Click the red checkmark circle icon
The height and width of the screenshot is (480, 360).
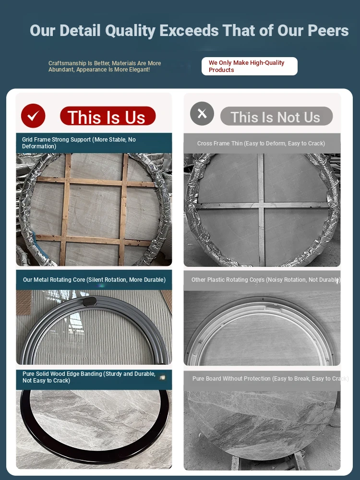pos(33,116)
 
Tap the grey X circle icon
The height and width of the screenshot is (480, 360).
pos(202,114)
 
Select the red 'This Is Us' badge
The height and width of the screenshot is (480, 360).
pos(108,116)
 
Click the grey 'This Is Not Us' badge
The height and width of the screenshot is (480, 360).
pos(276,116)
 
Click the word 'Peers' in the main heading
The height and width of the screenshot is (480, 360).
pos(328,30)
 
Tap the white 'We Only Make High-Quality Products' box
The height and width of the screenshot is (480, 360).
pos(250,66)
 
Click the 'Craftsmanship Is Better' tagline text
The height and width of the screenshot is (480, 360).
pos(105,66)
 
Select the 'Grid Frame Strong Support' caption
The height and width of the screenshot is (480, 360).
pos(79,143)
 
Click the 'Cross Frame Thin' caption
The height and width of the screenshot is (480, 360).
pos(261,143)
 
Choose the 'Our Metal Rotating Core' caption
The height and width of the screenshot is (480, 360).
pos(94,279)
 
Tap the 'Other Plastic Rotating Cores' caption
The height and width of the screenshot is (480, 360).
pos(266,279)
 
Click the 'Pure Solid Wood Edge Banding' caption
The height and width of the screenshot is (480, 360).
pos(89,377)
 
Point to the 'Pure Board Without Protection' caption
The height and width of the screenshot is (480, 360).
pos(270,378)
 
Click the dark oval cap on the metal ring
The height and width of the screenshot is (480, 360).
pos(90,301)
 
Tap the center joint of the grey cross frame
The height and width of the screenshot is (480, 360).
pos(261,205)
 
